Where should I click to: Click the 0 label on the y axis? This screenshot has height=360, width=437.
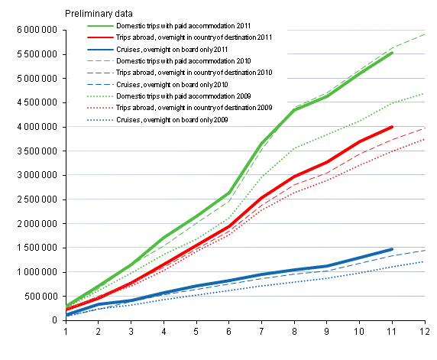tap(59, 320)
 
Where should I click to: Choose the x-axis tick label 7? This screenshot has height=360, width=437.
tap(262, 331)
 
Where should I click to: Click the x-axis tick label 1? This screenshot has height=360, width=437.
tap(66, 331)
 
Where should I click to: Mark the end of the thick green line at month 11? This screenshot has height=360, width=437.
tap(392, 53)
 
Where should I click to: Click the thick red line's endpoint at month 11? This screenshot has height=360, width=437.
tap(392, 127)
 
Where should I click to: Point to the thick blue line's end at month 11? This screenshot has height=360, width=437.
tap(392, 249)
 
